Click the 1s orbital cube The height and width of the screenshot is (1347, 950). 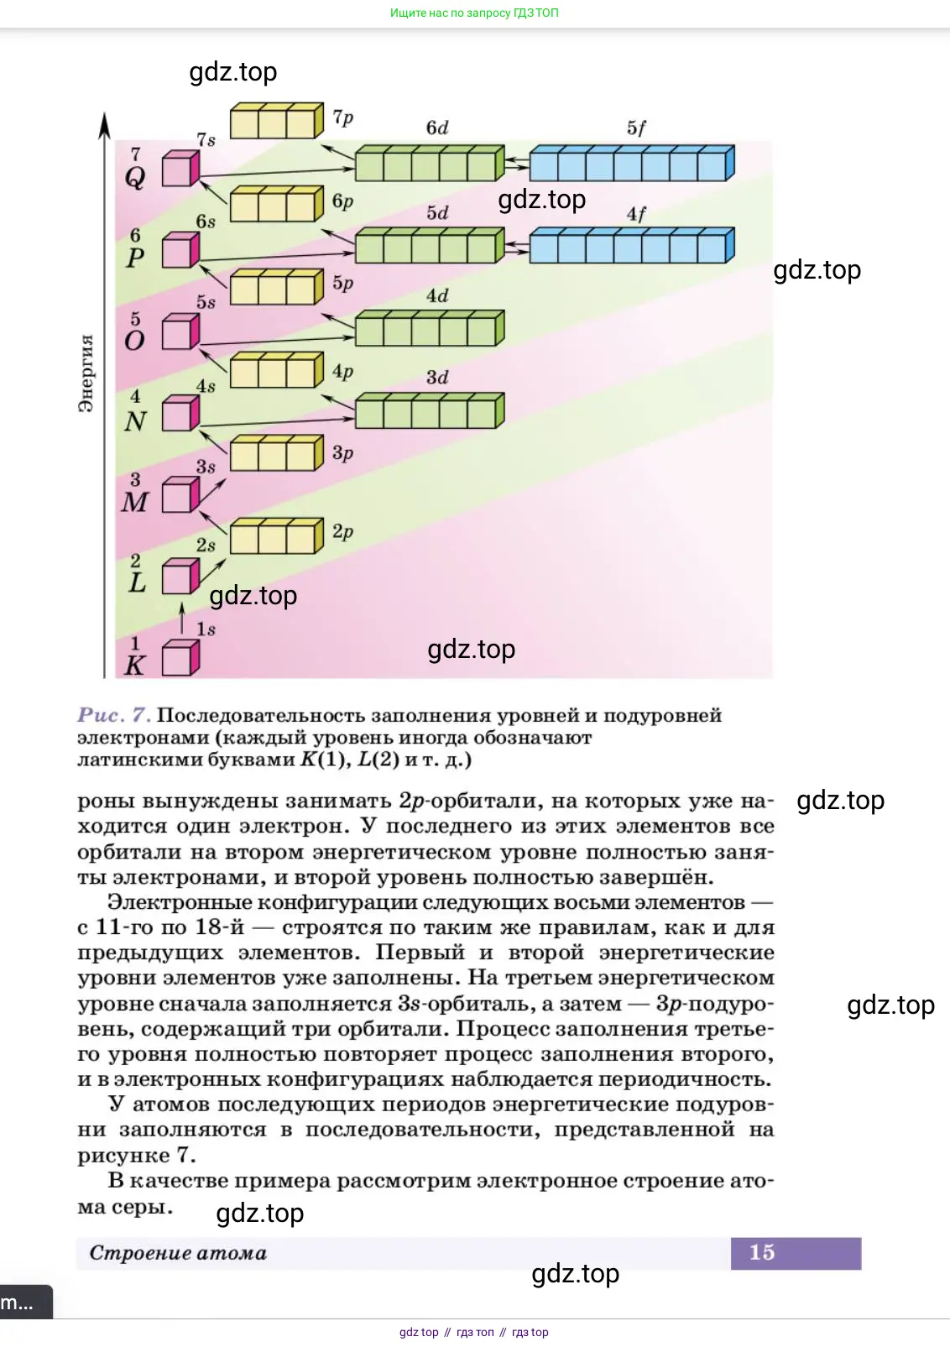180,658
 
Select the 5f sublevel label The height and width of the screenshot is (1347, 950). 636,128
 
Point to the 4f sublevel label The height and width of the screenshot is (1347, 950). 636,215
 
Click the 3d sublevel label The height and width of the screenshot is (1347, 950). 437,378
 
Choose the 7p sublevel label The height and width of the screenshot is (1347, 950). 343,117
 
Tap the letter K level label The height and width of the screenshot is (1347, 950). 134,666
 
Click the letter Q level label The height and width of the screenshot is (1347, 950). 135,177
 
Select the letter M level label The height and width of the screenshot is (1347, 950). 134,502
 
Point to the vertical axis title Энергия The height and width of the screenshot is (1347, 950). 86,373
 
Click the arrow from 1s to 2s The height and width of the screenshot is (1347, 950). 182,619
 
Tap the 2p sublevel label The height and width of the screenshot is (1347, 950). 342,532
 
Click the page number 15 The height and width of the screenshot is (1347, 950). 762,1252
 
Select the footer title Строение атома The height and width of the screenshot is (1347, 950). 178,1253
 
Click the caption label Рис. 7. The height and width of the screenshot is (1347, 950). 113,715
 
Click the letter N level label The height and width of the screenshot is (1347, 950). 135,421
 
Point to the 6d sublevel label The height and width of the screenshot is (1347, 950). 437,128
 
